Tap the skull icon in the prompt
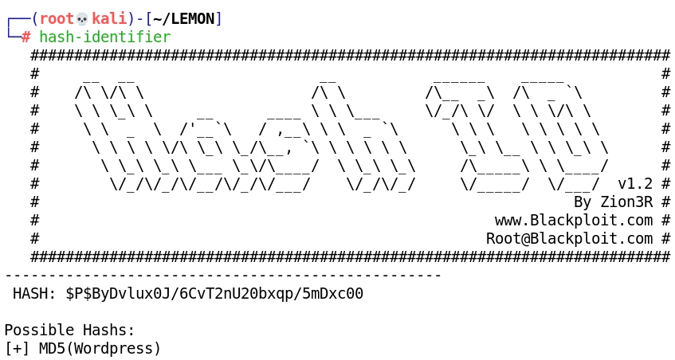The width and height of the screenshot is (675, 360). [x=81, y=18]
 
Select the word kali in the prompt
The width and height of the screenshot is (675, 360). [x=108, y=18]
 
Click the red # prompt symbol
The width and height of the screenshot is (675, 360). [x=26, y=37]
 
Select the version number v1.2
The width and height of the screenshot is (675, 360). [x=634, y=183]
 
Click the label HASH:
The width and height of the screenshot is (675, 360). [x=34, y=294]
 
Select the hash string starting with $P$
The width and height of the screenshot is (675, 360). [x=214, y=294]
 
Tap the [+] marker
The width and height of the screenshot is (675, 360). [x=18, y=349]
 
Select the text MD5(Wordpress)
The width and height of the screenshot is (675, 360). [x=100, y=349]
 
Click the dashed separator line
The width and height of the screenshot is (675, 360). [x=223, y=276]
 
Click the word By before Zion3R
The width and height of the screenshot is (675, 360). [x=583, y=202]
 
